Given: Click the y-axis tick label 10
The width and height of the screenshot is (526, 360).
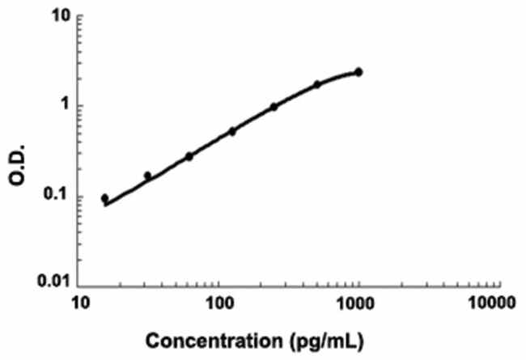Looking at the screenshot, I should coord(57,16).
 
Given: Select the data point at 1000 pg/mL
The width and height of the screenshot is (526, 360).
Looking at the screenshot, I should coord(358,72).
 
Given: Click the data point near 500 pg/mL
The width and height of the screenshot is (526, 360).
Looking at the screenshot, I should coord(317,84).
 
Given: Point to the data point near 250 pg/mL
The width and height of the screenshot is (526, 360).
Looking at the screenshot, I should coord(274,107).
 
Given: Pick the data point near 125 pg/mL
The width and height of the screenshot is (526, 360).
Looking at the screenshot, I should coord(232,131).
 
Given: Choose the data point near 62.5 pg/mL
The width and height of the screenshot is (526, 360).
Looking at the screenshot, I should coord(189,156).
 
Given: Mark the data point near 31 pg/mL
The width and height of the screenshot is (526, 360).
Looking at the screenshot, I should coord(147,176).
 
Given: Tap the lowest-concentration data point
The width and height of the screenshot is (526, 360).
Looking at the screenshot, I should coord(104,198).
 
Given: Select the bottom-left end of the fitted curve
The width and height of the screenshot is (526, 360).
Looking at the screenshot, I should coord(105,205).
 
